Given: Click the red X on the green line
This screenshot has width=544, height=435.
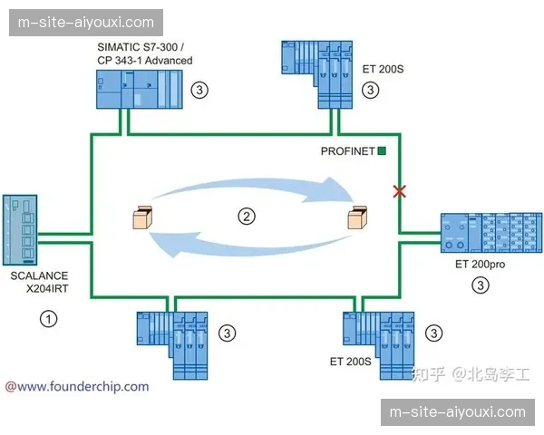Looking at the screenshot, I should click(x=397, y=190).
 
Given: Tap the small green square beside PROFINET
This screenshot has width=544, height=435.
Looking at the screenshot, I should click(x=383, y=151).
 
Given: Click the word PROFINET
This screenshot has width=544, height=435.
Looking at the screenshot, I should click(x=348, y=151).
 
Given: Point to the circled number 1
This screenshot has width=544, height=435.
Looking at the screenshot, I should click(x=49, y=317).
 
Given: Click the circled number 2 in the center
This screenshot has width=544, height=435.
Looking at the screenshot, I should click(x=246, y=216).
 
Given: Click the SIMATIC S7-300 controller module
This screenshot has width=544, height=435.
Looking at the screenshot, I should click(x=140, y=93).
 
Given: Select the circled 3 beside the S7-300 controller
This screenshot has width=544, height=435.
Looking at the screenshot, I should click(x=199, y=90).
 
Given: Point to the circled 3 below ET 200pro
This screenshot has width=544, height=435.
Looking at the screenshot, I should click(x=481, y=285).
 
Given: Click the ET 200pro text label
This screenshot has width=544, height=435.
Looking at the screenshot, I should click(x=481, y=266).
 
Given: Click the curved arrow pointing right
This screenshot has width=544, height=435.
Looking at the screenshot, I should click(x=263, y=191).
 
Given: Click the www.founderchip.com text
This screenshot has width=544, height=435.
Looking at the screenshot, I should click(x=77, y=386).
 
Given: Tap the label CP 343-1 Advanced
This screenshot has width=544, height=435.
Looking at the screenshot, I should click(x=145, y=60).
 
